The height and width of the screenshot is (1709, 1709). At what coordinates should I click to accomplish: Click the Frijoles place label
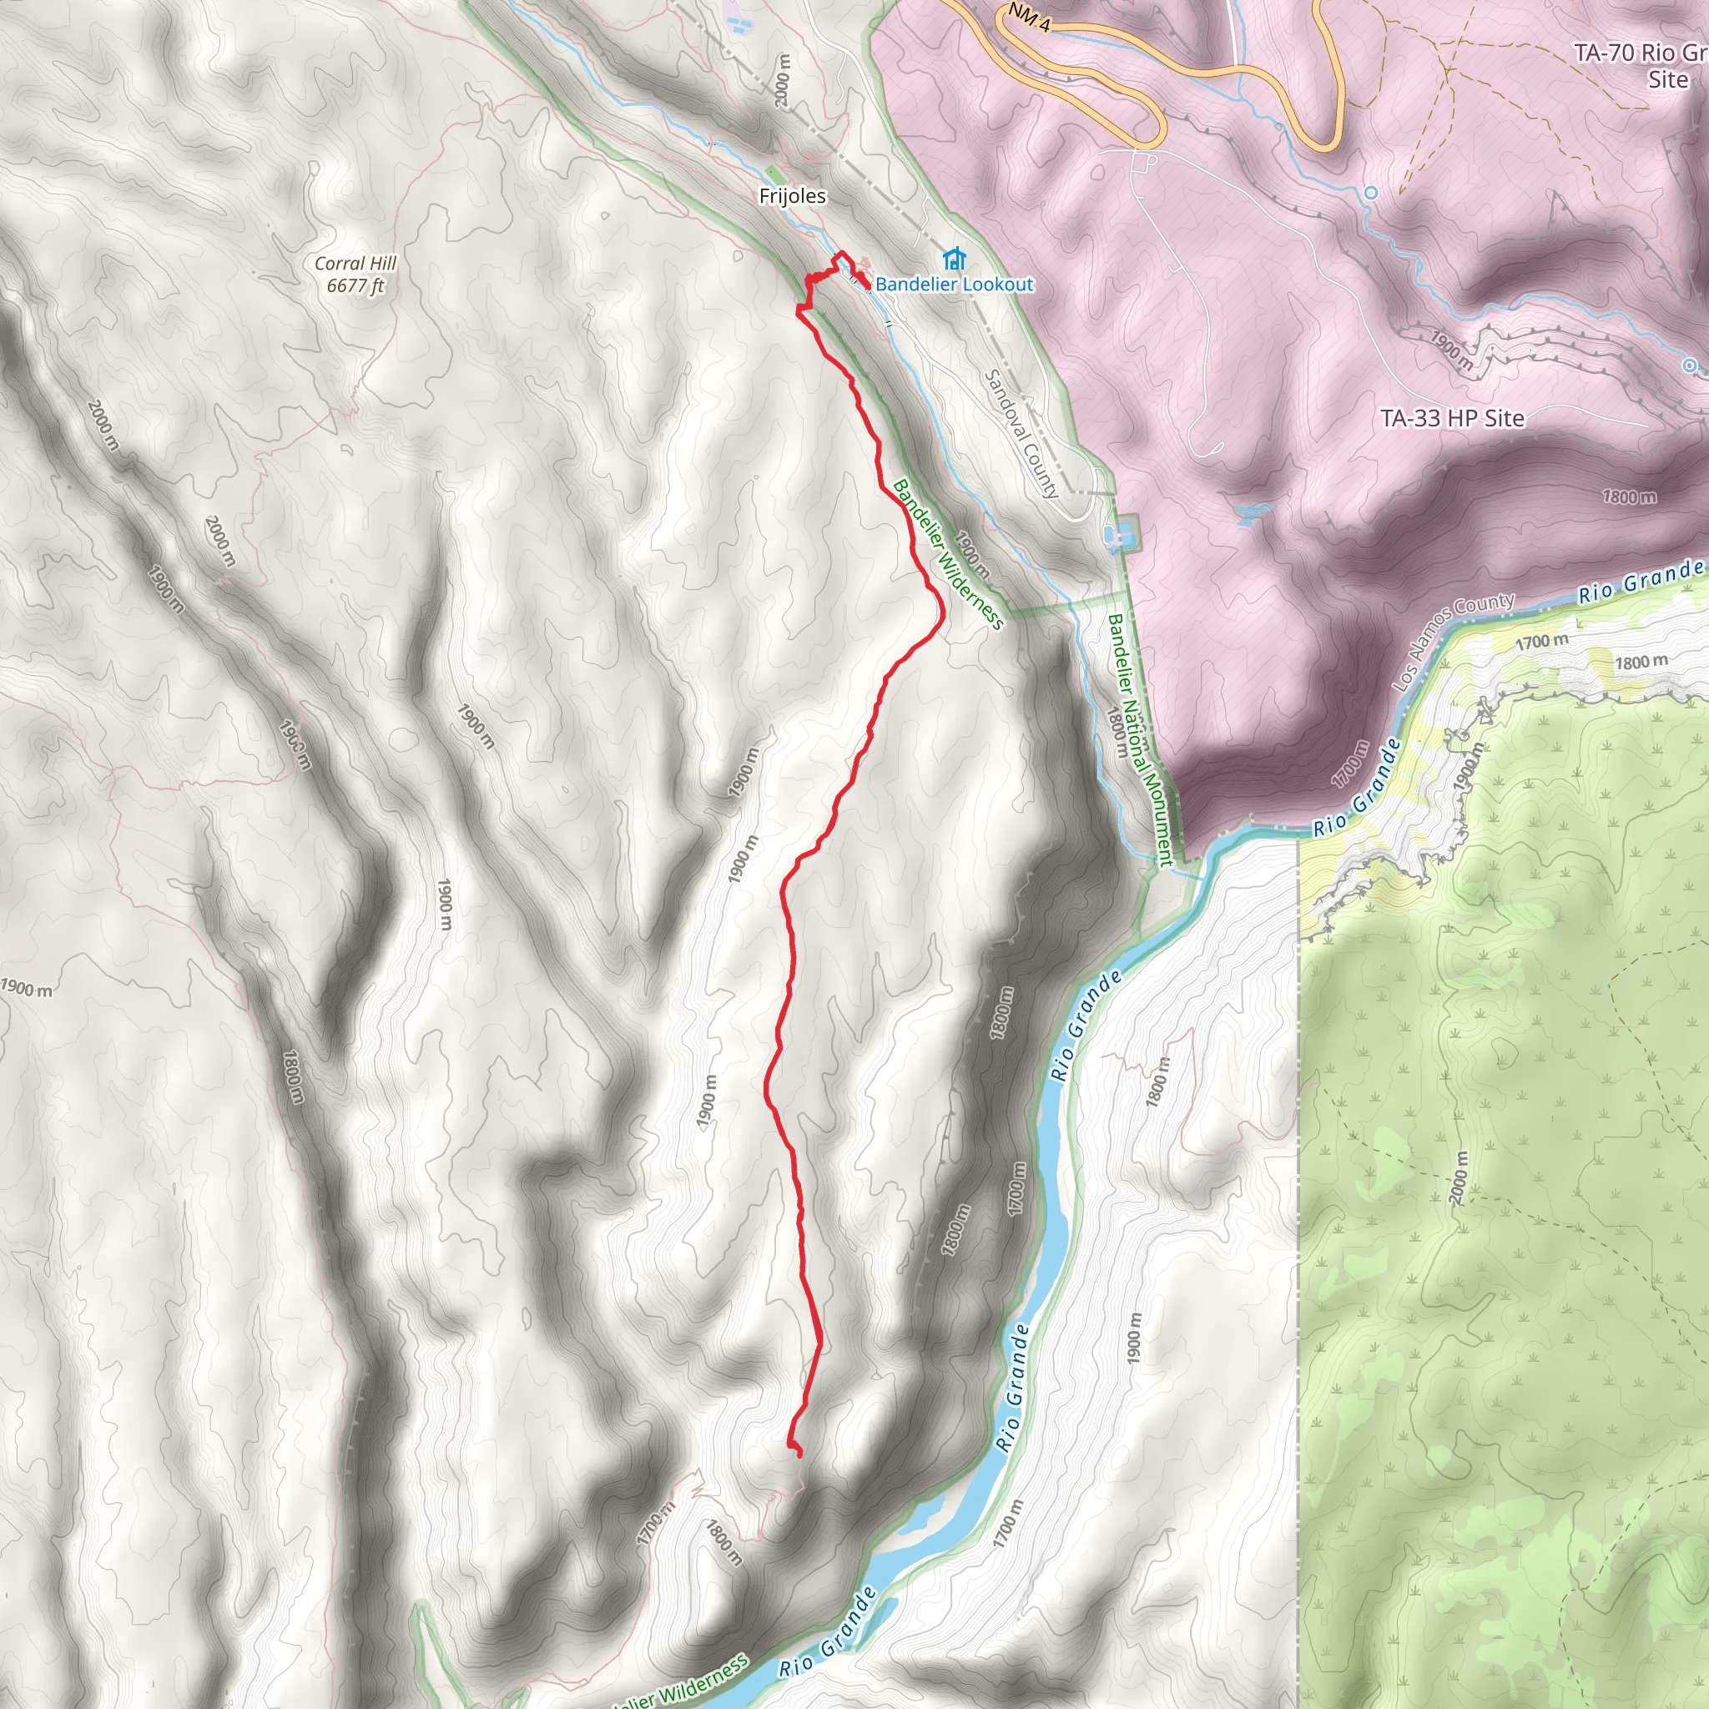click(792, 196)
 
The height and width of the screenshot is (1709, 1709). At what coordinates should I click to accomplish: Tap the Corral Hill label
click(355, 264)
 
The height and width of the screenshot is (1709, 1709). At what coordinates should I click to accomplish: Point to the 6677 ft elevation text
click(355, 285)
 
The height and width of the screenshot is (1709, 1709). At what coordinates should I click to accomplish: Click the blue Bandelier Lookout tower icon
click(953, 259)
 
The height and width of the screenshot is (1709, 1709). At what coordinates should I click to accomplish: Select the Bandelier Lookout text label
click(954, 284)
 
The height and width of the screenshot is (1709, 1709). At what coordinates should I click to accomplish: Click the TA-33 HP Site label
click(1453, 418)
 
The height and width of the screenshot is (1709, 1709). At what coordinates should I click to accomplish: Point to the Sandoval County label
click(1021, 433)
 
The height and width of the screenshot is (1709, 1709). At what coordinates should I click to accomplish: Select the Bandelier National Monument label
click(1139, 739)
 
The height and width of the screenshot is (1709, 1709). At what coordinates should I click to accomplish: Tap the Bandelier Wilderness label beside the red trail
click(948, 555)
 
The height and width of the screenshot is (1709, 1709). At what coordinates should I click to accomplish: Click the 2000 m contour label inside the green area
click(1459, 1176)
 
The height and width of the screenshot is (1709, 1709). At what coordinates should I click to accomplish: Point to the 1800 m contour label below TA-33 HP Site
click(1629, 497)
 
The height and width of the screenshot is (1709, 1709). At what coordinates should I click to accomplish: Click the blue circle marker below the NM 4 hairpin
click(1371, 193)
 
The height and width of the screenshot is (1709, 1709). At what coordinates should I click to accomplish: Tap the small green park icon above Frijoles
click(773, 172)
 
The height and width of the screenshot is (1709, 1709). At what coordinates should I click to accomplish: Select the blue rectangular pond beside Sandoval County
click(1112, 533)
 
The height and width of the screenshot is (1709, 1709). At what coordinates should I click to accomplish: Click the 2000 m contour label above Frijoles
click(783, 79)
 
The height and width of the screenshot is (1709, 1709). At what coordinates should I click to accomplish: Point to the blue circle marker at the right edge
click(1690, 365)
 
